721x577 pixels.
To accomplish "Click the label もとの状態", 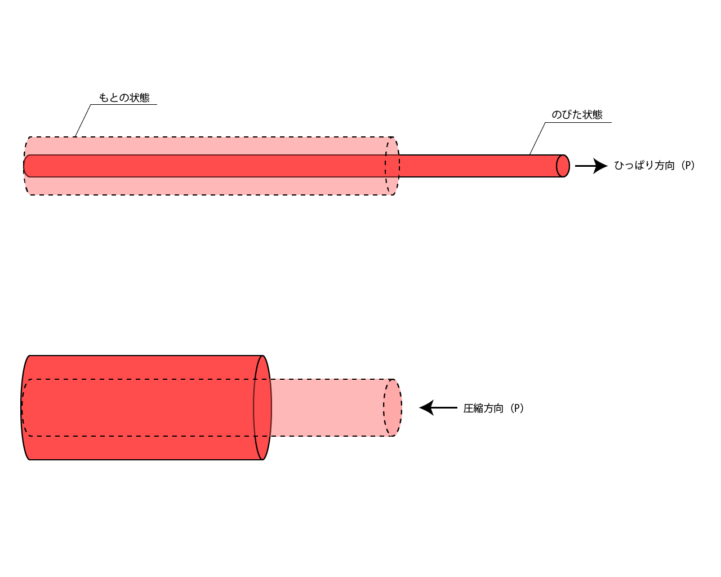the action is click(124, 97).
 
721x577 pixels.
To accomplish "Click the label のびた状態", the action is click(577, 114).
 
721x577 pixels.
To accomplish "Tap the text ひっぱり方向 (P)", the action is click(655, 166).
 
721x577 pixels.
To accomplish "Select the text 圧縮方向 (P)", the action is click(493, 409).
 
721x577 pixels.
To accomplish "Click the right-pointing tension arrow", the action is click(591, 166).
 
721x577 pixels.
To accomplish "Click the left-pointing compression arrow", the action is click(438, 408).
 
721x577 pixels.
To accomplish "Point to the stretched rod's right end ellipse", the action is click(563, 166).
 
